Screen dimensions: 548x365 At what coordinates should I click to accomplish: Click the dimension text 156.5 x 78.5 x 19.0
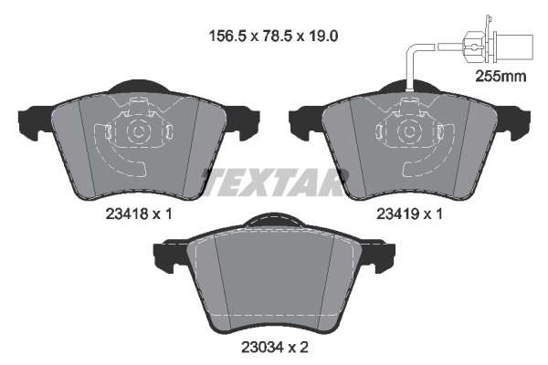pos(273,36)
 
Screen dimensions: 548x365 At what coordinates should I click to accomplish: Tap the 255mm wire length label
pos(501,76)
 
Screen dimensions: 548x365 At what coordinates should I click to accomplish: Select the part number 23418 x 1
pos(139,214)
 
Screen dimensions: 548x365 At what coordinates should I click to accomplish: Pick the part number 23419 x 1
pos(409,214)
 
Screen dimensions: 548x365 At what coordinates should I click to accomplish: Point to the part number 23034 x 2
pos(275,347)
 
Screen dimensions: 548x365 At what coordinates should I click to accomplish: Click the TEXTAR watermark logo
pos(275,182)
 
